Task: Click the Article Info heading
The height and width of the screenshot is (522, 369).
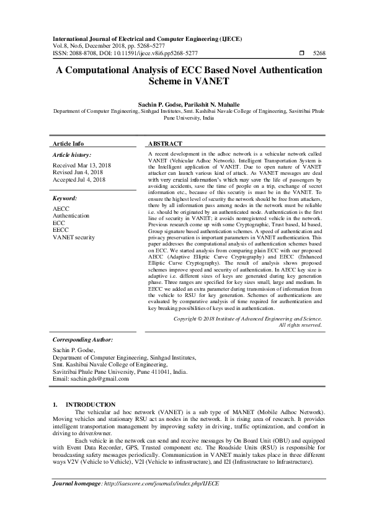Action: [69, 143]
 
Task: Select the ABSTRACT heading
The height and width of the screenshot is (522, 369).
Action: [165, 143]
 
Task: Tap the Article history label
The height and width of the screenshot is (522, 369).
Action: [72, 154]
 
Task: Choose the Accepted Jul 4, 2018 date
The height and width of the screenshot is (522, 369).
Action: [79, 179]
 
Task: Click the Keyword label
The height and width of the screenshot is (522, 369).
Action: [64, 198]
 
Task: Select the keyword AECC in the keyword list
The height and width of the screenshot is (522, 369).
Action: [61, 209]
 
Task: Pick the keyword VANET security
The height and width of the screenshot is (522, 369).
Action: [74, 237]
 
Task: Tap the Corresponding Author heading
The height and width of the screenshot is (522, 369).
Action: [82, 340]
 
